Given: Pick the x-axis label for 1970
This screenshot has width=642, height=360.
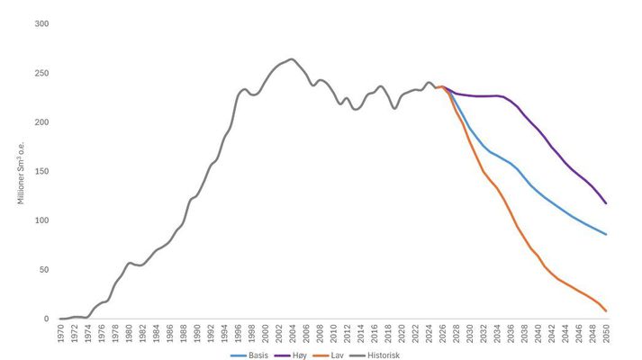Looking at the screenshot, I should [61, 333].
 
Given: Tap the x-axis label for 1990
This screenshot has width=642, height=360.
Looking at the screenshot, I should [198, 333].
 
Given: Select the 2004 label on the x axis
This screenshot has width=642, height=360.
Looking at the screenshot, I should [294, 333].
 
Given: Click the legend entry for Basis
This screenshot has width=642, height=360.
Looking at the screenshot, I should [254, 355].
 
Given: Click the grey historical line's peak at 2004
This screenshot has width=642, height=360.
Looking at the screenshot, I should [292, 59].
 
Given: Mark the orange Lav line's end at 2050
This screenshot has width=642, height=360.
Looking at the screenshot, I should [606, 311].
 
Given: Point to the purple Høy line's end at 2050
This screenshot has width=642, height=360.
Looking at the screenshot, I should [606, 203].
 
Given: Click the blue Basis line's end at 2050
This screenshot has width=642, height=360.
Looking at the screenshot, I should [606, 234].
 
